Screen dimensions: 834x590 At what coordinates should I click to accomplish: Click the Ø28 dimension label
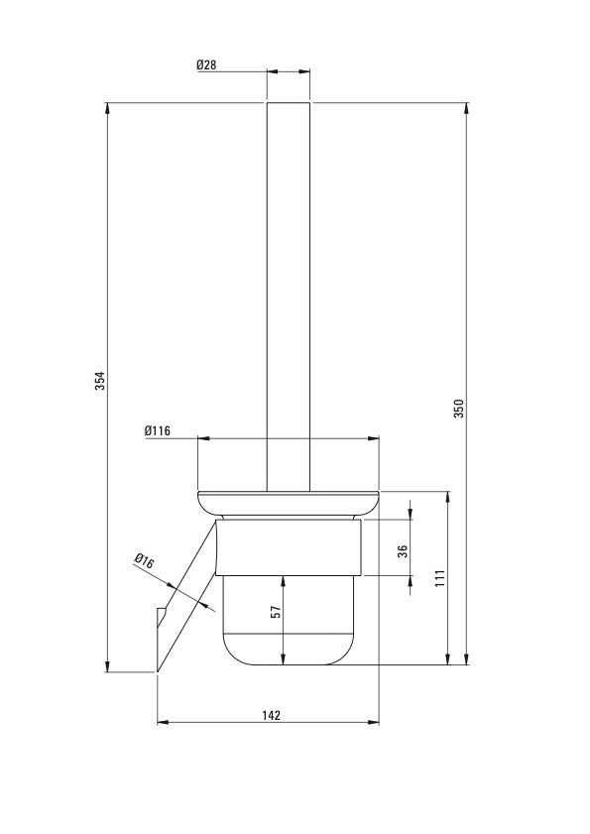(206, 64)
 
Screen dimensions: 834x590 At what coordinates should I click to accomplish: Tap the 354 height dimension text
(98, 381)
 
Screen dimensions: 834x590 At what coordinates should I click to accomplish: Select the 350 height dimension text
(458, 408)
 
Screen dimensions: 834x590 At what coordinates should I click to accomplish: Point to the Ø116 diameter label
(158, 430)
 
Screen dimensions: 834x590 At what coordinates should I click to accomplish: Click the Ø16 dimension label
(144, 561)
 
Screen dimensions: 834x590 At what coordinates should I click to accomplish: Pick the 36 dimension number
(403, 551)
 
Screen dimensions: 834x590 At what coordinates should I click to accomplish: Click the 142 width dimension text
(271, 714)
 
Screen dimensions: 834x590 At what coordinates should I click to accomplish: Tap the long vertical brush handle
(289, 298)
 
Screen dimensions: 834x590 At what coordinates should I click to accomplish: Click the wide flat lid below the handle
(289, 501)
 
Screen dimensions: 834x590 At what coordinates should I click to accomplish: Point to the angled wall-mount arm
(183, 600)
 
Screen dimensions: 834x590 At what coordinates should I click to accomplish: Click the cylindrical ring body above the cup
(289, 547)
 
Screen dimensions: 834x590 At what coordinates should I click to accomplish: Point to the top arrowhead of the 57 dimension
(284, 579)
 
